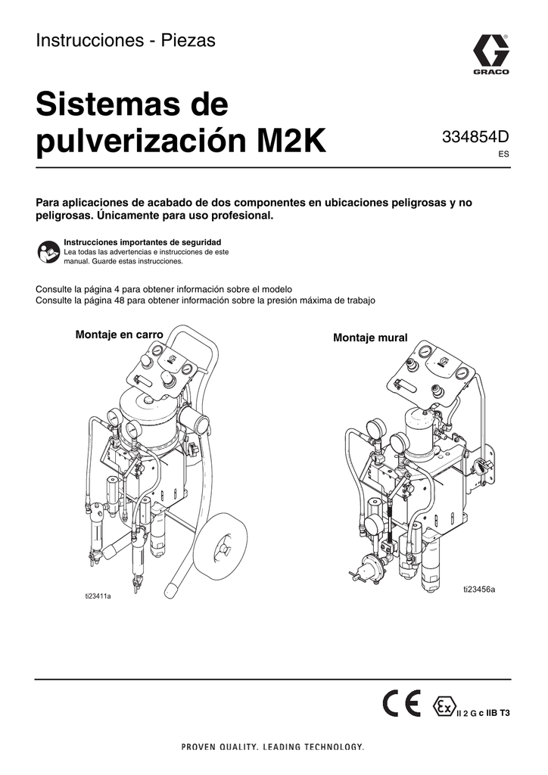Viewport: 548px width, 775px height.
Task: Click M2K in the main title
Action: coord(291,141)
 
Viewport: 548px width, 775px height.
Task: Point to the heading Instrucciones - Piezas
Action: coord(126,42)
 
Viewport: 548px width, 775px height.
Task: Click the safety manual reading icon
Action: coord(47,253)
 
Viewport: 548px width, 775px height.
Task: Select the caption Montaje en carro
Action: coord(120,335)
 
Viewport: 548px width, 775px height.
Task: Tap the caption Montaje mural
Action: coord(370,338)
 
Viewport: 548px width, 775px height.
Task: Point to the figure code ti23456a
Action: coord(479,589)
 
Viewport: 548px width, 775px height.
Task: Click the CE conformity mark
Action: coord(402,705)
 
